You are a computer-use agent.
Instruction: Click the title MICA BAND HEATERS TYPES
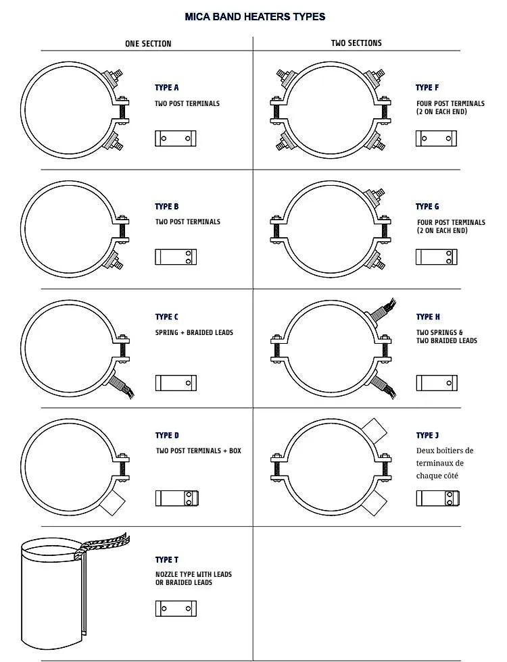click(x=255, y=16)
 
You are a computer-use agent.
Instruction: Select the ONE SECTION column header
click(x=148, y=44)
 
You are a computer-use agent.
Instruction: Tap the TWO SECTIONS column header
click(x=356, y=43)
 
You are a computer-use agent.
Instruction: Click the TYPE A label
click(x=167, y=88)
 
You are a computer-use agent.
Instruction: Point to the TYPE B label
click(x=167, y=207)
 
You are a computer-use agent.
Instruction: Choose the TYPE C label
click(x=167, y=317)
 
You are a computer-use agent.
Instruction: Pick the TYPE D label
click(x=167, y=436)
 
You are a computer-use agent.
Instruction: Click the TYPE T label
click(x=167, y=560)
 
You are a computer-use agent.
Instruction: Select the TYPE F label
click(x=427, y=88)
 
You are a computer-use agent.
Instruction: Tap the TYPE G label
click(x=427, y=207)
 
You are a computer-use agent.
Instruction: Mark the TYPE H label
click(x=428, y=317)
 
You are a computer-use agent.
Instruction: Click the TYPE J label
click(x=427, y=436)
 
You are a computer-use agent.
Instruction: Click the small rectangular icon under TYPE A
click(x=176, y=138)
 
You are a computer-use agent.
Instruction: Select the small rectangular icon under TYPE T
click(x=176, y=609)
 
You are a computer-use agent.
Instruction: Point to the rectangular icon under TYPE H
click(x=437, y=383)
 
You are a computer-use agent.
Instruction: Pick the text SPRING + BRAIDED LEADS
click(x=194, y=333)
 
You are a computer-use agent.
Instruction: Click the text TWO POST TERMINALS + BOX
click(x=198, y=451)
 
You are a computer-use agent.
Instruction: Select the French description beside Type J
click(x=445, y=463)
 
